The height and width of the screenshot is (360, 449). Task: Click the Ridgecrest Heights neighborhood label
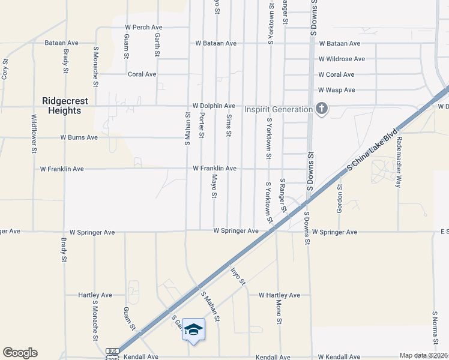pos(61,106)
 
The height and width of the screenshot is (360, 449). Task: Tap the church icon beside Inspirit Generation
pos(322,109)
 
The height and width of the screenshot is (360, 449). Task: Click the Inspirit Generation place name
pos(278,109)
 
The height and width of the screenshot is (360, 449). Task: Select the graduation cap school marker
pos(193,329)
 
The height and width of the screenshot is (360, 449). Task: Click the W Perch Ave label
pos(143,28)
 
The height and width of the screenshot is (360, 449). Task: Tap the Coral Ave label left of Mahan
pos(142,74)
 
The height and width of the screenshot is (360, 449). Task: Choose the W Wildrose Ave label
pos(342,59)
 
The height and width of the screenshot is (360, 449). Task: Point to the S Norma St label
pos(435,328)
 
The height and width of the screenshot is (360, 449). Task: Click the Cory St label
pos(5,69)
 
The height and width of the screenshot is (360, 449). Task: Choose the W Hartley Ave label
pos(279,295)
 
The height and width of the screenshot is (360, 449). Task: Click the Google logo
pos(20,353)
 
